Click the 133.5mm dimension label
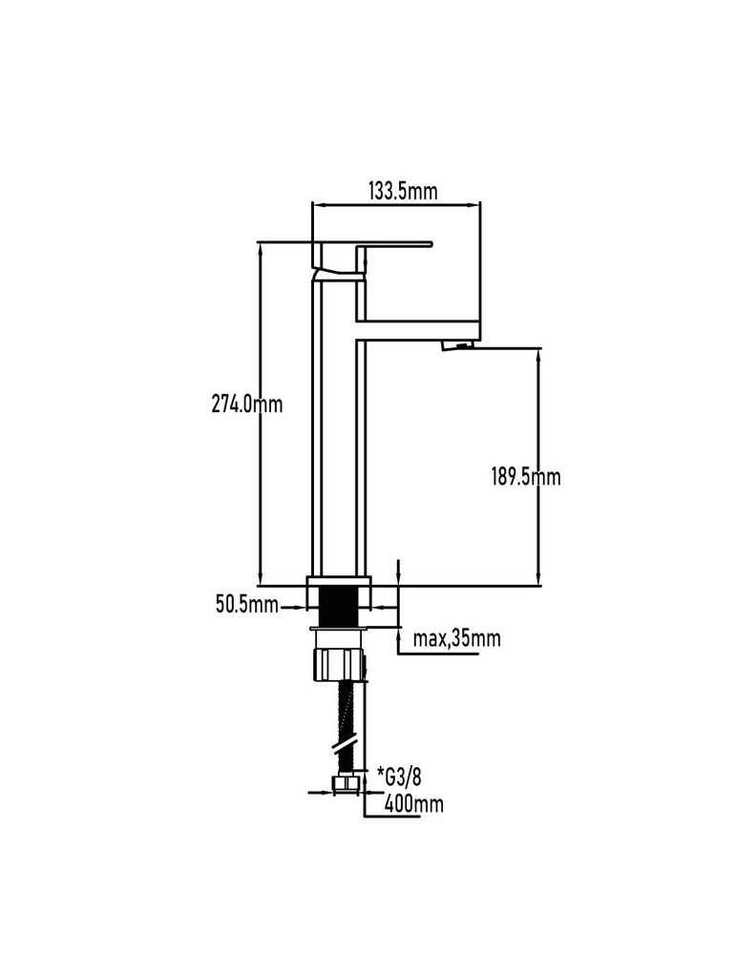(x=403, y=191)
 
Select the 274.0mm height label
(x=247, y=404)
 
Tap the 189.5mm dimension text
(x=526, y=476)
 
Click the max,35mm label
(x=456, y=638)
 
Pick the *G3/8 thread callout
(x=399, y=777)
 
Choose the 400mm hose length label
(x=414, y=804)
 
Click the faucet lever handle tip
(x=430, y=244)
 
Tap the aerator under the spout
(x=456, y=346)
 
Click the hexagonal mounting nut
(x=339, y=664)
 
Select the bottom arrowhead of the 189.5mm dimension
(x=538, y=580)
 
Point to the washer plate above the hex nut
(x=339, y=629)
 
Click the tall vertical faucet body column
(x=339, y=425)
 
